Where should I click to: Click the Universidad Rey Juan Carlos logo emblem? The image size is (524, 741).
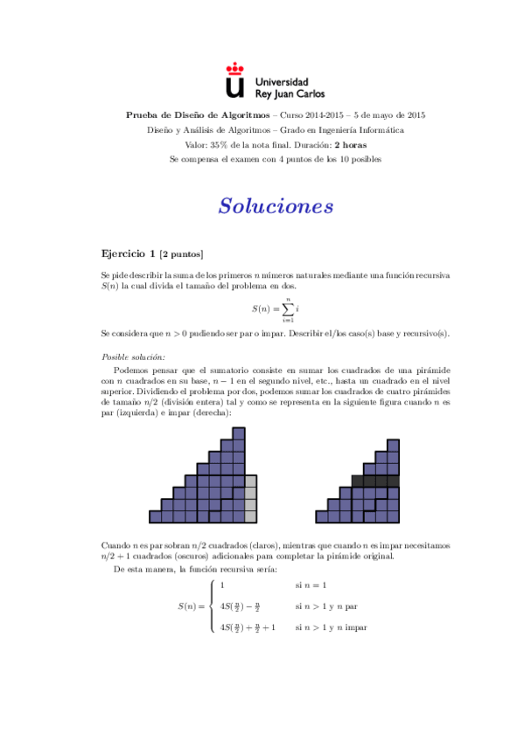tap(234, 80)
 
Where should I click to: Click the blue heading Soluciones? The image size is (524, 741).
tap(276, 206)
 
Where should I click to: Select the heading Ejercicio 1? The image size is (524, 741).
tap(128, 253)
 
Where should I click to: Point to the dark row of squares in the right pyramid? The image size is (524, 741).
tap(375, 480)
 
